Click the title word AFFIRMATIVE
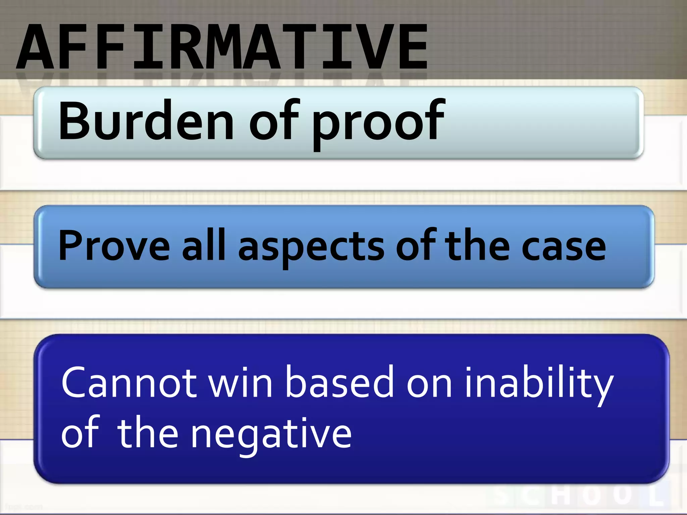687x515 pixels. [221, 47]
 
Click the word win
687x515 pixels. [240, 382]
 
